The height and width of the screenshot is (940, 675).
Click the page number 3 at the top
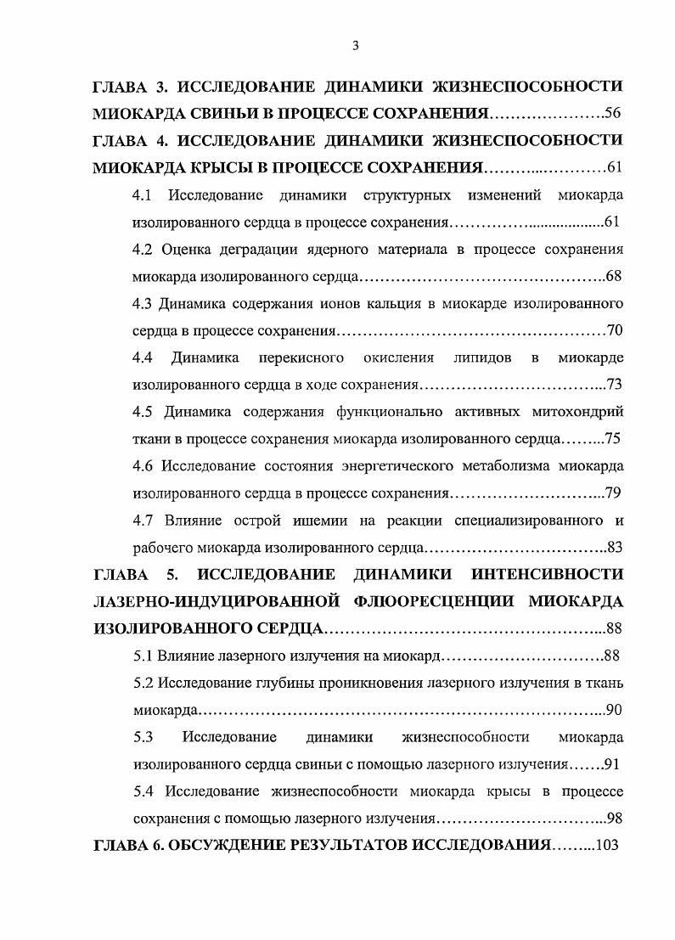click(355, 47)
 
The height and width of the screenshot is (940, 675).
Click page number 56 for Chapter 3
click(613, 113)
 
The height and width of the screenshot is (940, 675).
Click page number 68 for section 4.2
click(614, 277)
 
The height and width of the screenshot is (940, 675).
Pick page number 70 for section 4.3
click(614, 330)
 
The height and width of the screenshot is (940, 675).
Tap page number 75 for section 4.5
click(613, 439)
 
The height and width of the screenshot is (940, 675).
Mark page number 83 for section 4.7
click(614, 548)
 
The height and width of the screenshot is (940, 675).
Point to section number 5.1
click(143, 656)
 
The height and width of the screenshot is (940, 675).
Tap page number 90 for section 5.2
click(614, 710)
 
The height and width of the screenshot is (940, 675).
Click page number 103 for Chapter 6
click(608, 846)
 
